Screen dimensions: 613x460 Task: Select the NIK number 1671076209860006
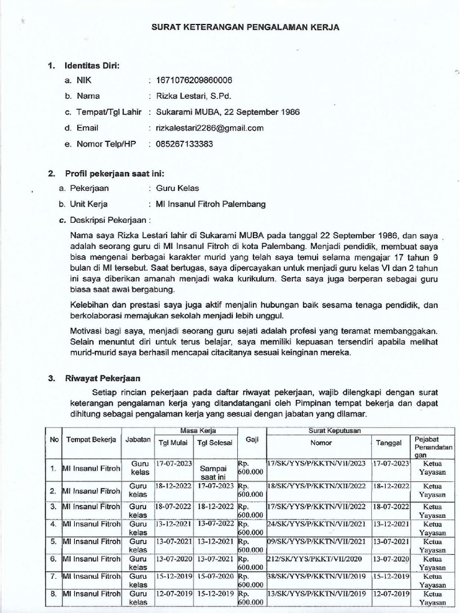[x=193, y=80]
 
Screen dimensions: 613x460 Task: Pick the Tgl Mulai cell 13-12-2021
[x=172, y=524]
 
